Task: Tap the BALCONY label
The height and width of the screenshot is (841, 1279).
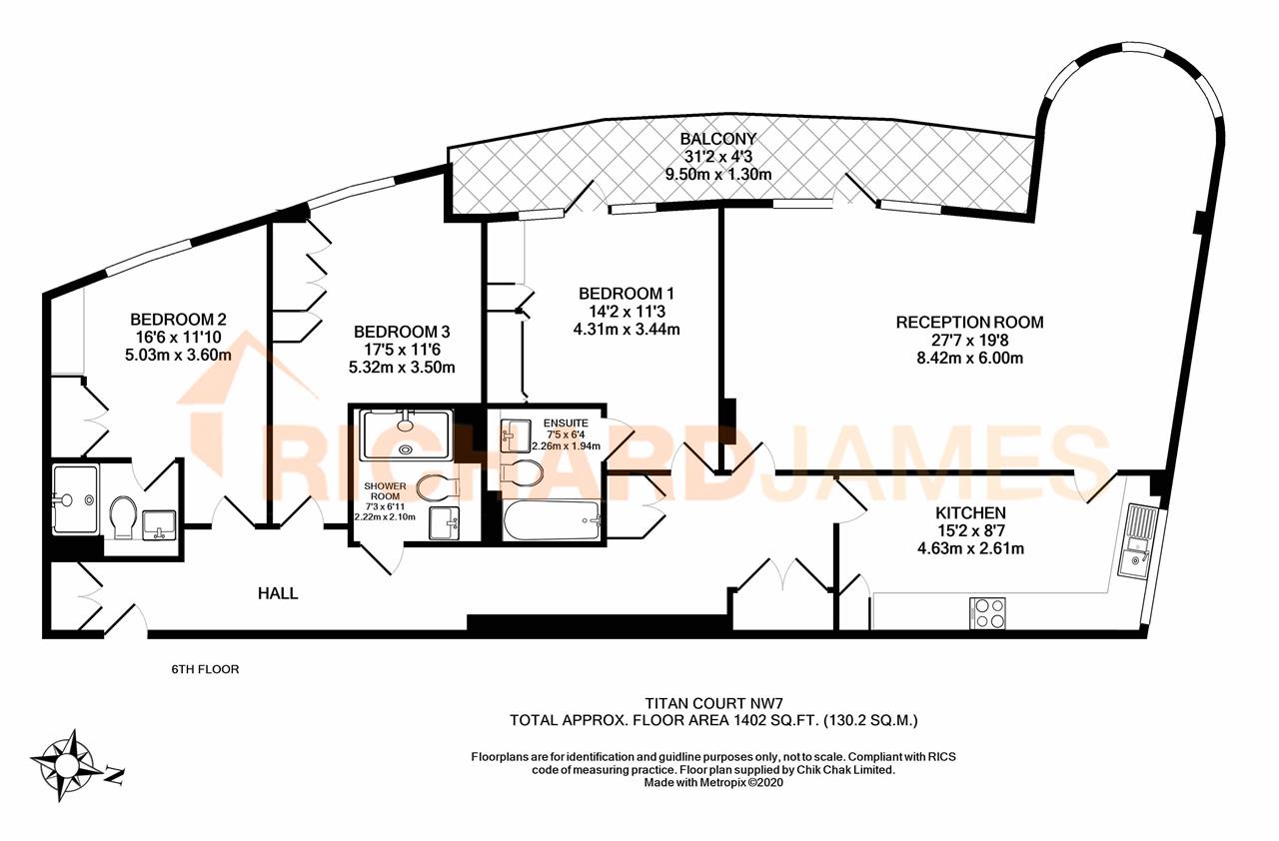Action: click(x=718, y=139)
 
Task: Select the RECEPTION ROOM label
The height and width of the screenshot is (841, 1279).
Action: click(x=969, y=323)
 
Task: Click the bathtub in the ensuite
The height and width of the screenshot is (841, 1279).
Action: click(x=553, y=519)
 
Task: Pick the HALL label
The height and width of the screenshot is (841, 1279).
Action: click(x=278, y=593)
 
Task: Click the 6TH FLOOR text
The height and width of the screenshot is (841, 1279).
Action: click(x=205, y=669)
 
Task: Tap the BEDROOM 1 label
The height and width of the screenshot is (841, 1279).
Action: click(x=627, y=294)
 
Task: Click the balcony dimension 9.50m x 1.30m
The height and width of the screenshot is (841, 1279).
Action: click(x=718, y=174)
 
